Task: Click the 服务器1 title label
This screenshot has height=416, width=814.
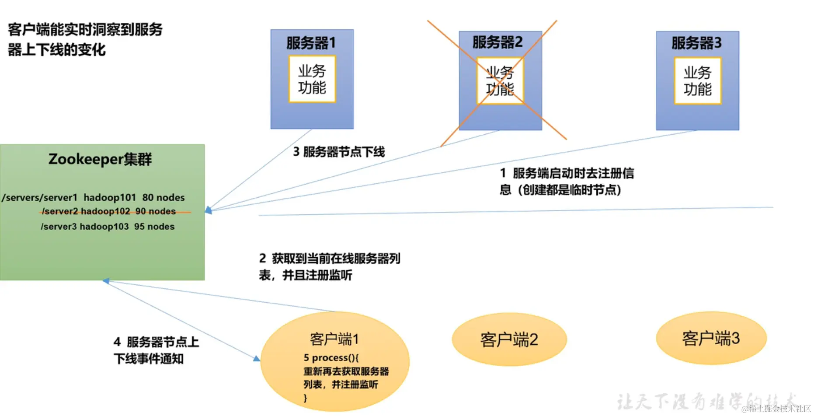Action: pos(311,43)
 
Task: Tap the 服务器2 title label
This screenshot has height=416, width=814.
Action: pos(497,42)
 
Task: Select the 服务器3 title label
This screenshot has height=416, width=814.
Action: pos(696,43)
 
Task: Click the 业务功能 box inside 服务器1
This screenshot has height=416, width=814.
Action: pos(312,79)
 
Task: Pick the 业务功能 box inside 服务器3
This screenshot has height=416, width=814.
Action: pos(697,81)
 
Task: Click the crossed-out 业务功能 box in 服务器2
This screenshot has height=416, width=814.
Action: pos(500,81)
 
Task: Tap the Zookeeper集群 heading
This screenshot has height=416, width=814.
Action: pos(100,159)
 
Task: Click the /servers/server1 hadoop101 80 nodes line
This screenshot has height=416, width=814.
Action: pos(93,198)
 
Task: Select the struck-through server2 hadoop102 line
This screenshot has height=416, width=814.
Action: pos(109,212)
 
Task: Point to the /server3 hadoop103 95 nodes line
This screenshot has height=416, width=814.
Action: pos(108,227)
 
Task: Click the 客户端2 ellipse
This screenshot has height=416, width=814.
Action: pos(509,339)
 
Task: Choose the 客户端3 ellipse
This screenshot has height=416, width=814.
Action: pos(711,338)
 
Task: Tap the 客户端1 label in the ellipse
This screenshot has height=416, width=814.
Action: pos(334,339)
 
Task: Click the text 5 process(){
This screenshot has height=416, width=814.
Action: pos(331,358)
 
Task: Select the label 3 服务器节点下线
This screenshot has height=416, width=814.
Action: pos(339,152)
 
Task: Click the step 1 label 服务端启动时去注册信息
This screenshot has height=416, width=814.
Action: pos(567,181)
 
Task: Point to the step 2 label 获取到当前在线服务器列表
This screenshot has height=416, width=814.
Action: pos(329,266)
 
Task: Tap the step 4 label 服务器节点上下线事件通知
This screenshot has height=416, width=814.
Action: pos(156,350)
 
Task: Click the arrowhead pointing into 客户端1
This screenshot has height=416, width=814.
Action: pos(257,359)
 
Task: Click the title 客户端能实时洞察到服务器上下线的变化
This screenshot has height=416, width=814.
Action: pos(85,39)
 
